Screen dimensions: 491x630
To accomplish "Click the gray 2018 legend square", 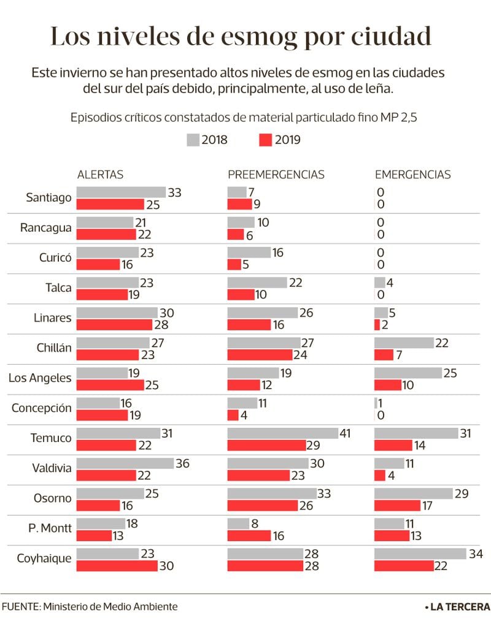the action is [x=193, y=140].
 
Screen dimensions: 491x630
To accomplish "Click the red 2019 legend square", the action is [x=266, y=140].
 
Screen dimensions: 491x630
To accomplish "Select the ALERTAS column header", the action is [x=100, y=175].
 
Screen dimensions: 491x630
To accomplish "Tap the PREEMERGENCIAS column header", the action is [x=276, y=175].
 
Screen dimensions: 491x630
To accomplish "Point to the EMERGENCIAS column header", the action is [x=413, y=175].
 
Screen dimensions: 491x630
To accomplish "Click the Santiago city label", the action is [x=48, y=197].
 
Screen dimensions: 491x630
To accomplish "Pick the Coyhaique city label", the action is [x=44, y=558].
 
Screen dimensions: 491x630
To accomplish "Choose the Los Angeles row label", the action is [x=40, y=378].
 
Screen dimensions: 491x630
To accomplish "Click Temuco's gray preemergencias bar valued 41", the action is [x=283, y=433].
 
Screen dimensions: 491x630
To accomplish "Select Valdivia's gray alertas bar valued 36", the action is [x=125, y=463].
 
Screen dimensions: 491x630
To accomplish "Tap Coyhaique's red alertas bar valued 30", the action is [x=117, y=566].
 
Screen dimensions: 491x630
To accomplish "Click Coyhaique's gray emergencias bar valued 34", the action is [x=420, y=553].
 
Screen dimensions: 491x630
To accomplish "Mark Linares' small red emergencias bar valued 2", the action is [x=377, y=325].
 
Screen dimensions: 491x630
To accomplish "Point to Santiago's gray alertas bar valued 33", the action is [x=121, y=192].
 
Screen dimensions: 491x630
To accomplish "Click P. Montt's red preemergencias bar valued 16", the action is [x=249, y=536].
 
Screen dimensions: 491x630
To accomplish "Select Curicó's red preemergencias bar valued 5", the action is [x=234, y=264].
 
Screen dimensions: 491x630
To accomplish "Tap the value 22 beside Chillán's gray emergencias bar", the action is [x=442, y=343].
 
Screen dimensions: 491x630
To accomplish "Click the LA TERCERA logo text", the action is [x=460, y=607].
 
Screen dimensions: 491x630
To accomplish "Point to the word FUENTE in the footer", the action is [x=20, y=607].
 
